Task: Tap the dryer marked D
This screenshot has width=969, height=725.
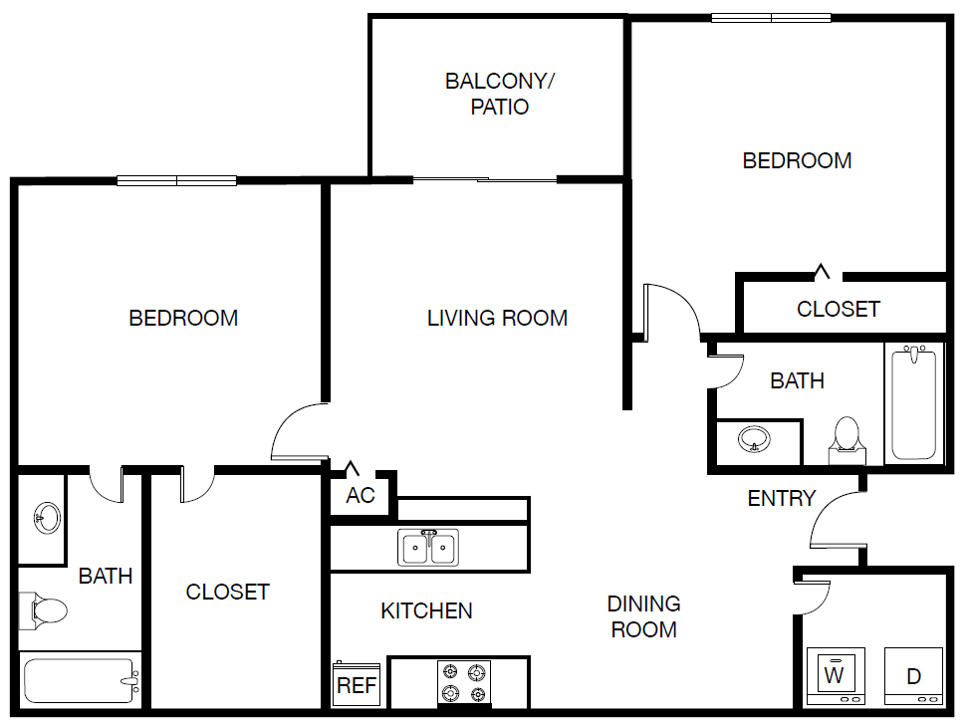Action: coord(912,676)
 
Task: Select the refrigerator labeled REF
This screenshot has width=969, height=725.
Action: coord(357,684)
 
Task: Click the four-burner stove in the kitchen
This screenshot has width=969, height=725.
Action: coord(465,682)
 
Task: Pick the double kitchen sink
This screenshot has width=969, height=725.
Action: coord(428,547)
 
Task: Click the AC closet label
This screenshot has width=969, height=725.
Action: coord(361,495)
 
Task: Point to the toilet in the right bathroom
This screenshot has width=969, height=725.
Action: coord(846,437)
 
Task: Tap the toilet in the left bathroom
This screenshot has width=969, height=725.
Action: coord(44,608)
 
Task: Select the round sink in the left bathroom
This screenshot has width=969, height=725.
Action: coord(45,517)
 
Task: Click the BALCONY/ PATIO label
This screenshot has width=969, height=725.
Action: coord(499,94)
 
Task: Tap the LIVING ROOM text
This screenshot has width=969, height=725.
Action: coord(497,318)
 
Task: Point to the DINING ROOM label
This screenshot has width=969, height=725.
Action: coord(643,616)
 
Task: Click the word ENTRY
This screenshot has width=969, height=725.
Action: coord(782,498)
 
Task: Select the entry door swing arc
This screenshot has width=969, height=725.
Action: coord(833,519)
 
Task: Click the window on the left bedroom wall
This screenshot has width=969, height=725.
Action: coord(176,181)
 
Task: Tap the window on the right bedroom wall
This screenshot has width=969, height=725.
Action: coord(771,18)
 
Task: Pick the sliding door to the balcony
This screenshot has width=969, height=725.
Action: coord(485,180)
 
